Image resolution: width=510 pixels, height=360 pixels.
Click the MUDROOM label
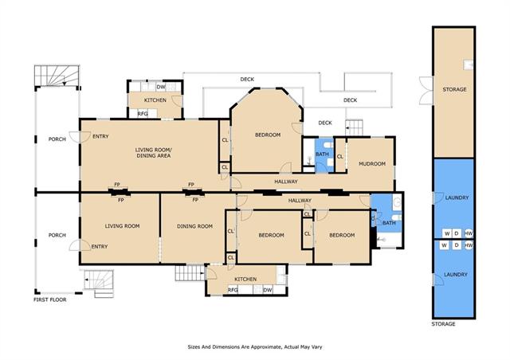[x=372, y=164]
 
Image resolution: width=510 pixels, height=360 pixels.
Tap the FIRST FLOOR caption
[x=49, y=299]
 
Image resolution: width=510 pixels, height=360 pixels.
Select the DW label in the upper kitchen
[x=161, y=87]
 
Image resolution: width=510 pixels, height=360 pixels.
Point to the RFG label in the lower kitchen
[x=233, y=290]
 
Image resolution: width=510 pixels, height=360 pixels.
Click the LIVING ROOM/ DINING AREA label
[x=154, y=153]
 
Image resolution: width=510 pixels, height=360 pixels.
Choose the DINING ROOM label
[x=194, y=226]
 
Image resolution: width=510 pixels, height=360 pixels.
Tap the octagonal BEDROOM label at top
[x=268, y=135]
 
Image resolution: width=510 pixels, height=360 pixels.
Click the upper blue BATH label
[x=322, y=155]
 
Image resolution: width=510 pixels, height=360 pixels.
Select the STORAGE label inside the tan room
[x=454, y=89]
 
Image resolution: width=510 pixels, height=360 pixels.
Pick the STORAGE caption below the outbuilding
[x=443, y=324]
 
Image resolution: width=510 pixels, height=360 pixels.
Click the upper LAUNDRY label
[x=457, y=198]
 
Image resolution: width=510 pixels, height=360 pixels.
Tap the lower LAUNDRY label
[x=456, y=275]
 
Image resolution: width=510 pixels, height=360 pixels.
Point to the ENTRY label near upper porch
[x=100, y=136]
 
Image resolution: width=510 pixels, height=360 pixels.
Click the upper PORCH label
[x=57, y=139]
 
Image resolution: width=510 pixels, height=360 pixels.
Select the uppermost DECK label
[x=247, y=80]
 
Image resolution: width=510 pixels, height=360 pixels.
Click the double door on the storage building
[x=426, y=91]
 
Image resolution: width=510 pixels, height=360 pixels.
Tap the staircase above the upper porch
[x=57, y=76]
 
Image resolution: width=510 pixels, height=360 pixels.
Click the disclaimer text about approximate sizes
[x=255, y=347]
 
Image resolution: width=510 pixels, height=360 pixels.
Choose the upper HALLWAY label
[x=286, y=182]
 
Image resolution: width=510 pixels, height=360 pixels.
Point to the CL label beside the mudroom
[x=340, y=157]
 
